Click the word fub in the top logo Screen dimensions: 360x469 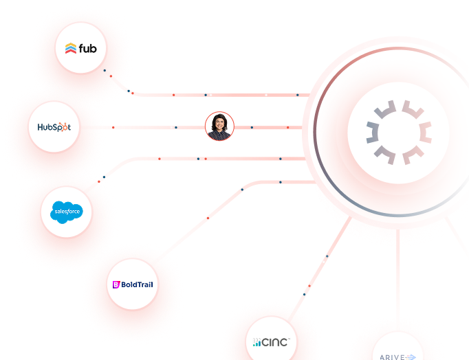88,48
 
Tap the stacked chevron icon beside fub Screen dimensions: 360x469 71,48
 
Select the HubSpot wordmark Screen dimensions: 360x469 54,126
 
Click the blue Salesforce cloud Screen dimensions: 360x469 67,212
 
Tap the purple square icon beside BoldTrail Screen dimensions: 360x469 116,284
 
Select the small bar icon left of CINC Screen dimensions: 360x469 257,342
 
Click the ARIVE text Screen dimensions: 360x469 392,357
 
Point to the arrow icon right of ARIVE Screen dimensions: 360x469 411,357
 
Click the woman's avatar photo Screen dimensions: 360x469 220,127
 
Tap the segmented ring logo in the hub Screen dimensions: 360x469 397,131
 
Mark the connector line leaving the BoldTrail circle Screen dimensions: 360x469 206,218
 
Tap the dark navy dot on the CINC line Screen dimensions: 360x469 327,256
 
